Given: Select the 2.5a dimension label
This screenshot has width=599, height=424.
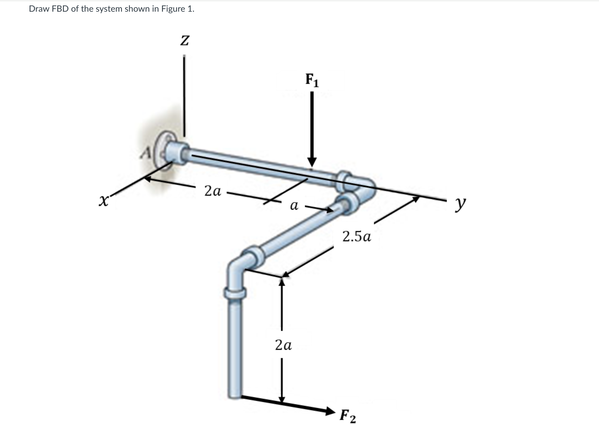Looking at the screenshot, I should [357, 237].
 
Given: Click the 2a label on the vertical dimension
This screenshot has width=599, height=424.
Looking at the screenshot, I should [283, 345].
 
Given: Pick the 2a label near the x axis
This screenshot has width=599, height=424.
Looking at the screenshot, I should [213, 191].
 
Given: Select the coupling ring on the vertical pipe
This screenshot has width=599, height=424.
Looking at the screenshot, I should [235, 293].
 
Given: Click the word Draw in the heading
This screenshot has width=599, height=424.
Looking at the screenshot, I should [38, 9].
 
